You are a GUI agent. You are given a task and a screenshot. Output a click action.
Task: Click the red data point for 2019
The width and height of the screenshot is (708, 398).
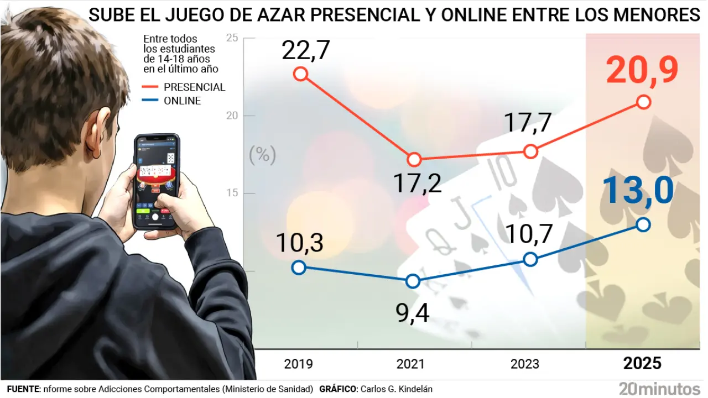[x=300, y=74]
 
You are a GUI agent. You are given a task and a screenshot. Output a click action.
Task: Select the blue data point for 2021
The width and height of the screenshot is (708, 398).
[x=413, y=281]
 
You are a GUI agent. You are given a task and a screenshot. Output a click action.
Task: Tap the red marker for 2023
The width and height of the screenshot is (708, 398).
[x=530, y=151]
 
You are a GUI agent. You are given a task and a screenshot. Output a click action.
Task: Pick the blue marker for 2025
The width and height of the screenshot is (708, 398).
[x=643, y=224]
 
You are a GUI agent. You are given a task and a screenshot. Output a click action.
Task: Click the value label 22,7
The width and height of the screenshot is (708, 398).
[x=305, y=51]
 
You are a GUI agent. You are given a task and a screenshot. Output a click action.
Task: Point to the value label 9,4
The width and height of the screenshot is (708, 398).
[x=413, y=313]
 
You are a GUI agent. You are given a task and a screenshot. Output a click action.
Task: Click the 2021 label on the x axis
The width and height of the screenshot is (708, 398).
[x=410, y=364]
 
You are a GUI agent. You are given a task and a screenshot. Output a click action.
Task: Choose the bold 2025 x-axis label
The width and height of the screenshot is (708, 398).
[x=642, y=363]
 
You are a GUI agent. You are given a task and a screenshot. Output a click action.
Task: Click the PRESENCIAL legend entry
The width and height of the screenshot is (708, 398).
[x=194, y=87]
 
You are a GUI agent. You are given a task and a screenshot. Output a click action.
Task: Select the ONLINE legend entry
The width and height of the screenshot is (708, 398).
[x=182, y=101]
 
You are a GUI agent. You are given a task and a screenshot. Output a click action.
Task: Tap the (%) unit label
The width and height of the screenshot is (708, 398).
[x=262, y=155]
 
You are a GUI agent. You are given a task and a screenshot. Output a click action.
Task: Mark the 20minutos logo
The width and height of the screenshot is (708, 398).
[x=659, y=388]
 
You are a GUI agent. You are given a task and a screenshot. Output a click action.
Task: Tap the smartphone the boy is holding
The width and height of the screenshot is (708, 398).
[x=157, y=181]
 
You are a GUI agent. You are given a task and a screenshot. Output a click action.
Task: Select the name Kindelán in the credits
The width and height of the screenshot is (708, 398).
[x=413, y=389]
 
